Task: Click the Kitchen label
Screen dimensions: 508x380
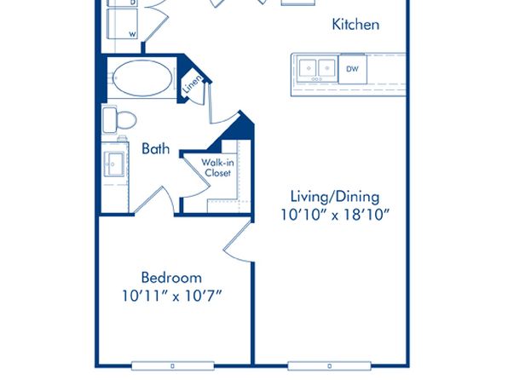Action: coord(355,25)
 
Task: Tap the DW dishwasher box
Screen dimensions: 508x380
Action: coord(353,69)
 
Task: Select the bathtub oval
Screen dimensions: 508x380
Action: coord(142,78)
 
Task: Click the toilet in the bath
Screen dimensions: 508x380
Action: coord(119,120)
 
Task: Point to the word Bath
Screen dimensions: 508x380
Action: coord(156,149)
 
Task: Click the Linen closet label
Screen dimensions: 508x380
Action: coord(193,83)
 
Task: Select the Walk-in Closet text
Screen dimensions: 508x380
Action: coord(217,167)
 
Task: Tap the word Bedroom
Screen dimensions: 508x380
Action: coord(171,278)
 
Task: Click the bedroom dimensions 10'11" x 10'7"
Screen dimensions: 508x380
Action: coord(171,296)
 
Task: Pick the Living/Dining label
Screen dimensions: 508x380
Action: coord(335,197)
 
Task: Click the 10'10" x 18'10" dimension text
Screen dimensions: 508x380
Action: coord(335,215)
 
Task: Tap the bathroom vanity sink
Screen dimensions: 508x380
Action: coord(114,164)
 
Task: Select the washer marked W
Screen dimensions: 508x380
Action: coord(123,24)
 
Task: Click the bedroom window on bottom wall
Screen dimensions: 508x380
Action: coord(173,366)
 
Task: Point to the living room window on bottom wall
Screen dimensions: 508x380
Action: coord(330,366)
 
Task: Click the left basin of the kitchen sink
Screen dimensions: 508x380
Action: coord(308,68)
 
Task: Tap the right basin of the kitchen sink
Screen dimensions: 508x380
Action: coord(326,68)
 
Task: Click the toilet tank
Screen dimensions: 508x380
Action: coord(110,120)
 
